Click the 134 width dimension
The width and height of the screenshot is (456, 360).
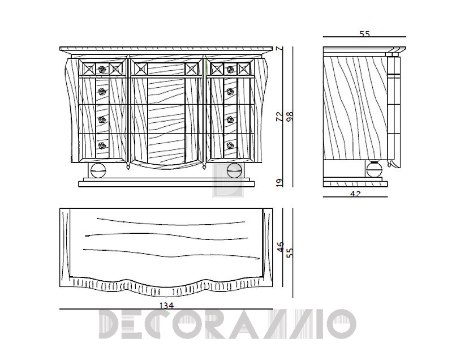point(167,306)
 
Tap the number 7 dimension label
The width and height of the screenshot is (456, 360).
point(279,49)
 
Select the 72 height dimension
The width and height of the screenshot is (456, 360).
point(279,117)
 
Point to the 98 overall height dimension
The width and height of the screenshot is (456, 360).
point(290,117)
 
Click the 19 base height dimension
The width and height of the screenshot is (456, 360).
point(279,182)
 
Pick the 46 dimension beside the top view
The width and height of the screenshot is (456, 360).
point(281,248)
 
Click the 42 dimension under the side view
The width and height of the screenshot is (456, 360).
point(355,194)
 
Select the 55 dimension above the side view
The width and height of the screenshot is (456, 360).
point(364,34)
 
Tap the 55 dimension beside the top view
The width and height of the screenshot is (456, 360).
point(290,252)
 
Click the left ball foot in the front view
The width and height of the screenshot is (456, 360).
point(98,170)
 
